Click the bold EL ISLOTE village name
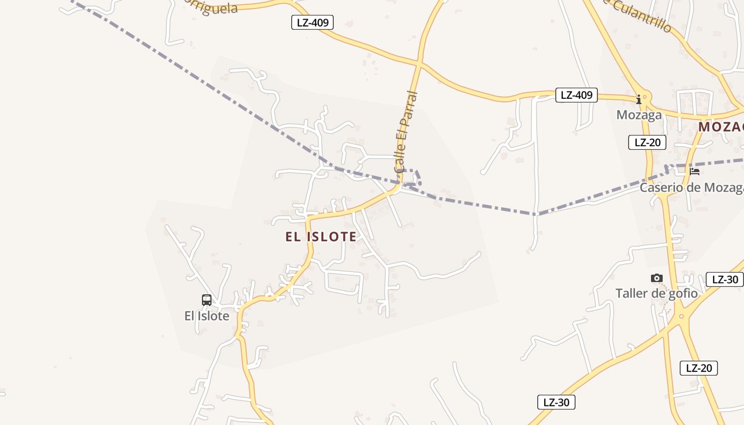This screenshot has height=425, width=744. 321,236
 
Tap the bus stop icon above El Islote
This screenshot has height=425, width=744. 207,300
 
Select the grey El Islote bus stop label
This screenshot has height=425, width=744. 207,316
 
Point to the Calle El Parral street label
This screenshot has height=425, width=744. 407,132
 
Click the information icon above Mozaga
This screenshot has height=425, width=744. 639,99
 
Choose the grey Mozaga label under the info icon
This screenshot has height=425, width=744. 639,115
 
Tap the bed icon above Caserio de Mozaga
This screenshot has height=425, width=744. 695,172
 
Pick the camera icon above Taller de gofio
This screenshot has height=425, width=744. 657,278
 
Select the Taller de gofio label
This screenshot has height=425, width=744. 656,293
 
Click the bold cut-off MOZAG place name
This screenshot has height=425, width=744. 721,127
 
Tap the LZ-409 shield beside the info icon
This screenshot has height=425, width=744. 576,95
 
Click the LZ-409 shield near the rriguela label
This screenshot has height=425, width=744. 312,22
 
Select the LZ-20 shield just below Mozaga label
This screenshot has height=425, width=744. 647,142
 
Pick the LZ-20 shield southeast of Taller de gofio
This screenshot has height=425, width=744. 698,368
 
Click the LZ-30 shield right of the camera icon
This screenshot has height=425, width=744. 724,279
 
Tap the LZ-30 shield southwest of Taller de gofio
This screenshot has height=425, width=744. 556,402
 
